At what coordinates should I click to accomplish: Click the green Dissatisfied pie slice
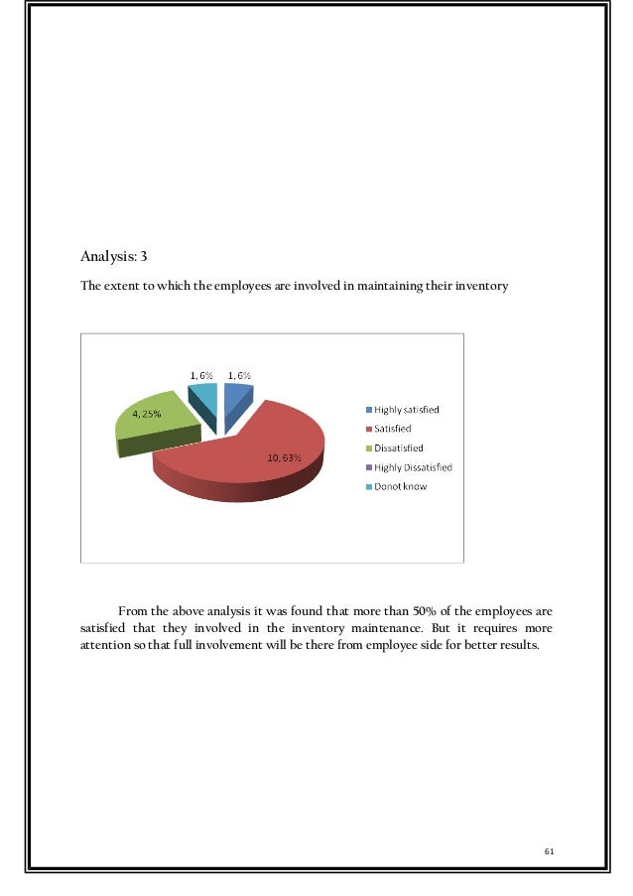tap(154, 427)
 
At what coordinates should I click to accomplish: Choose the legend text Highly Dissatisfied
tap(413, 467)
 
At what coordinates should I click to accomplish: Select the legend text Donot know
tap(401, 486)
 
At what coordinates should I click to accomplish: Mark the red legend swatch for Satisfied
tap(368, 429)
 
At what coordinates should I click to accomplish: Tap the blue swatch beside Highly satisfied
tap(368, 410)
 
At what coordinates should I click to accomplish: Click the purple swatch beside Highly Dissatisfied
tap(368, 467)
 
